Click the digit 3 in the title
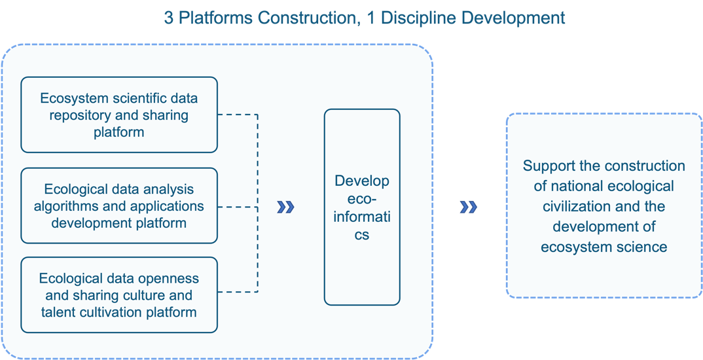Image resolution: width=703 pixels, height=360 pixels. click(168, 18)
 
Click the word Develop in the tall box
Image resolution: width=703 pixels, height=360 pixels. click(362, 181)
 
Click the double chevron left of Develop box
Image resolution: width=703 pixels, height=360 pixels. click(285, 207)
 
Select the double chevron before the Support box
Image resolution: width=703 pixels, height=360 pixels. click(468, 207)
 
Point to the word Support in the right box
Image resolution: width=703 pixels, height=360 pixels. click(549, 166)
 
